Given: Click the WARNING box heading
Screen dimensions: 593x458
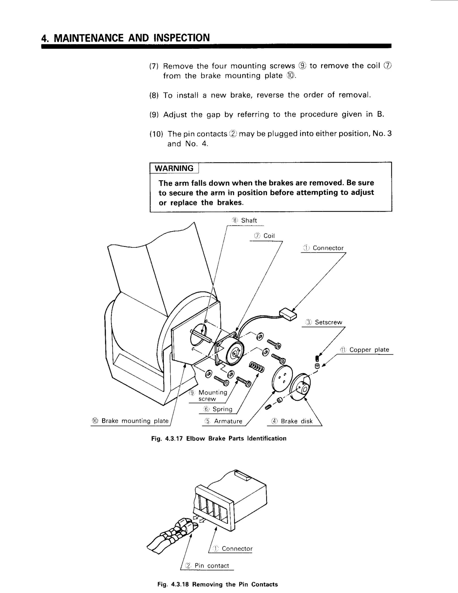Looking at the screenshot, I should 174,168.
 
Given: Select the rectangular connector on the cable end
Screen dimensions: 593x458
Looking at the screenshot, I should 288,314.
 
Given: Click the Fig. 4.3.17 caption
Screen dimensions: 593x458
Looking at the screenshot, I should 219,439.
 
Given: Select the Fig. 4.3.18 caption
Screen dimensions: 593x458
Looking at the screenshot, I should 218,584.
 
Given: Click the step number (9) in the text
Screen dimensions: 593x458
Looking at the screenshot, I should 154,115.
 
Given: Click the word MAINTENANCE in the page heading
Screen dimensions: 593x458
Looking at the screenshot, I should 89,38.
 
